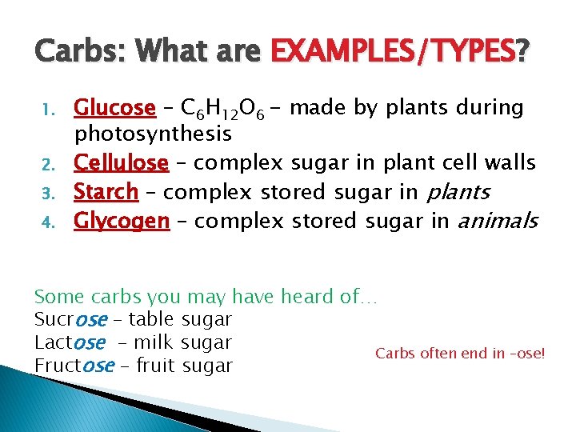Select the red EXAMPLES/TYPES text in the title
394,54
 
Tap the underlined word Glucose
114,107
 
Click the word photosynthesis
153,133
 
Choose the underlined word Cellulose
121,163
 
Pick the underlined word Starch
106,192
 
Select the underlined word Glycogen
122,221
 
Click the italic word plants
459,193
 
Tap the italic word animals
497,221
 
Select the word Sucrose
70,320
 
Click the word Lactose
70,343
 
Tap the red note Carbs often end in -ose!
460,353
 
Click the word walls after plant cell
511,163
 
